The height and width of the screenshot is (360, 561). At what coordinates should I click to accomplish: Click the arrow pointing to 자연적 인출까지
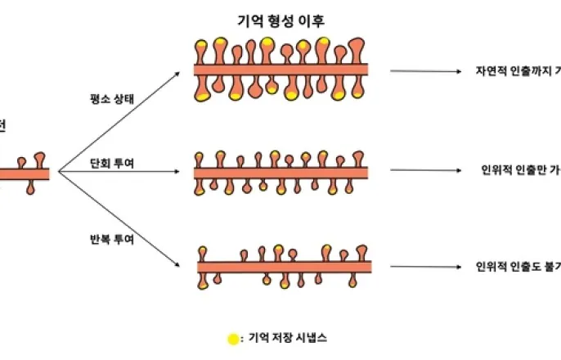pos(425,71)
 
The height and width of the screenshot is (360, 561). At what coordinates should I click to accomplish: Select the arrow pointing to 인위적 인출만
pos(425,171)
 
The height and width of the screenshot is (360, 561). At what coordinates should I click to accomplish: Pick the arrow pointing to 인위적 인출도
pos(425,266)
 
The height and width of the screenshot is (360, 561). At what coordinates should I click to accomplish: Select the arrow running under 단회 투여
pos(123,173)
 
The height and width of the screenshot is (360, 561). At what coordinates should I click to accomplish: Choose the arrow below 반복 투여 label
pos(123,221)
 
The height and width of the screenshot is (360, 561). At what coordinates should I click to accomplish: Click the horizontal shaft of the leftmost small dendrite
pos(25,173)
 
